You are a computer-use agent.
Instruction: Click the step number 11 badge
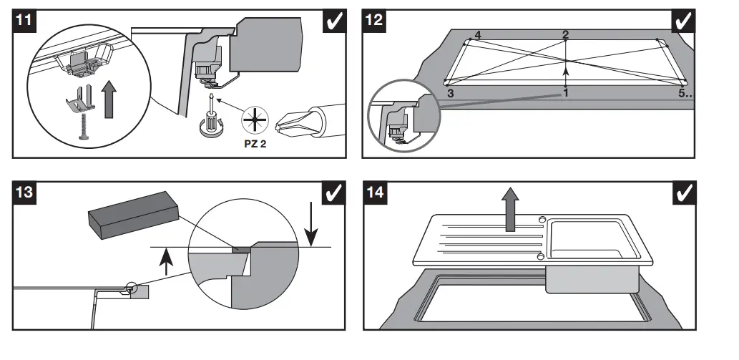24,21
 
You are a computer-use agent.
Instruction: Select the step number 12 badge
373,21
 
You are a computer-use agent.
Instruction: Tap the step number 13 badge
24,193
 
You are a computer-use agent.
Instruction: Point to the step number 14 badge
375,193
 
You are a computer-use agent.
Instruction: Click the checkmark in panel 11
335,21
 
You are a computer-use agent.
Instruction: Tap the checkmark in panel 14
685,193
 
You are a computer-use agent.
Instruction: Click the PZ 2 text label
255,144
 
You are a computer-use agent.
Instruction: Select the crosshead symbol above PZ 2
255,120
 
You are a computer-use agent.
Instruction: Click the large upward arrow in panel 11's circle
109,99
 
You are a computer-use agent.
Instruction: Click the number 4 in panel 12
478,35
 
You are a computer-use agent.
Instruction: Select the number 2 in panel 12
566,34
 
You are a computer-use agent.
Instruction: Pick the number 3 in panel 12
451,93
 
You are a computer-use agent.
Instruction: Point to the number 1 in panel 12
566,93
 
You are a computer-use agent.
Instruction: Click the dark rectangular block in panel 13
133,215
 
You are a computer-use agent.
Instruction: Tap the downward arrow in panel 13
311,223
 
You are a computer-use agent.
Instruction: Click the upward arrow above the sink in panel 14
510,209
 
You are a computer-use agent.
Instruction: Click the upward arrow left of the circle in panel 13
165,262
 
